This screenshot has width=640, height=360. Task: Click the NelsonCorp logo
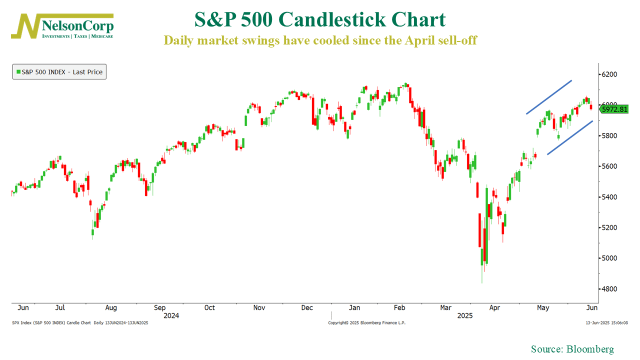point(62,26)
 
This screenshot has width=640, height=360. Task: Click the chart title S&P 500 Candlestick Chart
point(319,20)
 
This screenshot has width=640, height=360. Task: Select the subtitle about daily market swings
point(320,40)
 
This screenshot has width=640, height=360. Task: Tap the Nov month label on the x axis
point(259,307)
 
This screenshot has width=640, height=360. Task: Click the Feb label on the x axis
point(399,307)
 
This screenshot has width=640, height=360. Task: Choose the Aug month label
point(111,307)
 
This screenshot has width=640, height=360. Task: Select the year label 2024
point(171,315)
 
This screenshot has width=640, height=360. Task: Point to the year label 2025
point(465,315)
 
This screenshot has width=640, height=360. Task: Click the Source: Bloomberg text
point(572,349)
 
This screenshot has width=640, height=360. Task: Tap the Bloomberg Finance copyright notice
point(366,323)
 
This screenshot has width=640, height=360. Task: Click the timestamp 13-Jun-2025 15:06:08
point(607,323)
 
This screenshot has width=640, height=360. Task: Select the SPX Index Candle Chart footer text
point(80,323)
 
